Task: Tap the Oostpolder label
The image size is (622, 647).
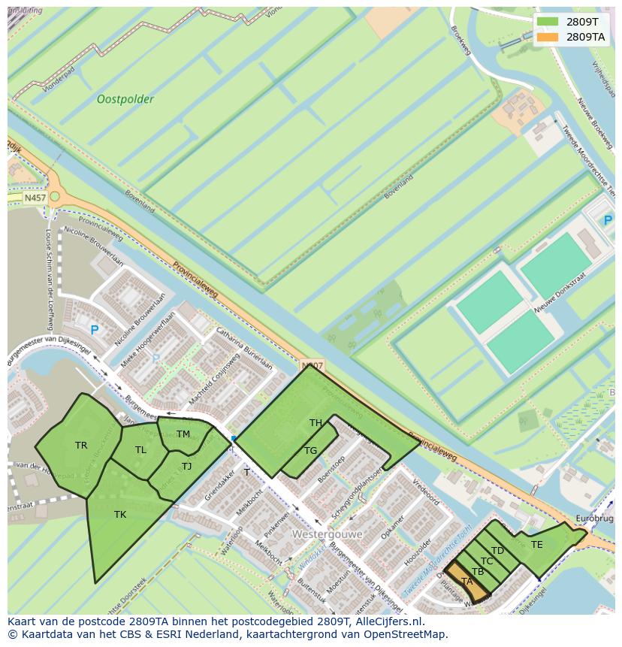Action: (125, 99)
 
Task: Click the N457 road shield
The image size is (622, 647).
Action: (35, 198)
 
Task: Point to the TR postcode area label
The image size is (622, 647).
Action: (81, 446)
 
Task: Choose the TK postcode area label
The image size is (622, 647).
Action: (120, 515)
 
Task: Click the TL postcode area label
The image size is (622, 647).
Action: (140, 450)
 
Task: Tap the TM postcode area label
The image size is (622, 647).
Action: (183, 434)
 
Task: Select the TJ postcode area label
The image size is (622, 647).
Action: (186, 467)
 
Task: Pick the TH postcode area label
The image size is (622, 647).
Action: (316, 423)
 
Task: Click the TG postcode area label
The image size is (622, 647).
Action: (310, 451)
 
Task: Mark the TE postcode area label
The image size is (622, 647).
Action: (536, 545)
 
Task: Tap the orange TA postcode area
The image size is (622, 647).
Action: (467, 582)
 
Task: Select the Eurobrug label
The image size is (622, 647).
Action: (594, 519)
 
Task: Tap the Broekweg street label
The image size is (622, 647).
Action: (460, 41)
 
